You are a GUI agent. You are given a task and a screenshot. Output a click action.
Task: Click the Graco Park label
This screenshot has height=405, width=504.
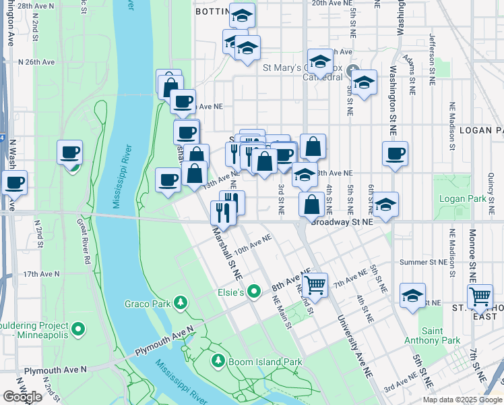(147, 304)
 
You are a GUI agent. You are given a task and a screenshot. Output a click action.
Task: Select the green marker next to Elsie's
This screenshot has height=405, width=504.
(253, 292)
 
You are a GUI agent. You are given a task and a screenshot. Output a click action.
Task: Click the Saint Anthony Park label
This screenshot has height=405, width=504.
(442, 335)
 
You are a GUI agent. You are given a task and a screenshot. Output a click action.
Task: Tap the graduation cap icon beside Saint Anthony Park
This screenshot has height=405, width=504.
(412, 296)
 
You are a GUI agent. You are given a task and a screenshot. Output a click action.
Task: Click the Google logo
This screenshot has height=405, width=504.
(22, 397)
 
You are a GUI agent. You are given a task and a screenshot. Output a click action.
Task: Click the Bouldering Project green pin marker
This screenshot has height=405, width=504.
(78, 329)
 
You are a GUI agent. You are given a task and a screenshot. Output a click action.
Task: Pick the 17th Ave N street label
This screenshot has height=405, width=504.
(42, 275)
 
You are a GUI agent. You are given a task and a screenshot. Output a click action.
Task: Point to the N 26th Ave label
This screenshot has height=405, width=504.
(36, 61)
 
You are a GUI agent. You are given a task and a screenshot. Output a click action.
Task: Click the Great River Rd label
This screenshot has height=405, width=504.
(83, 240)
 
